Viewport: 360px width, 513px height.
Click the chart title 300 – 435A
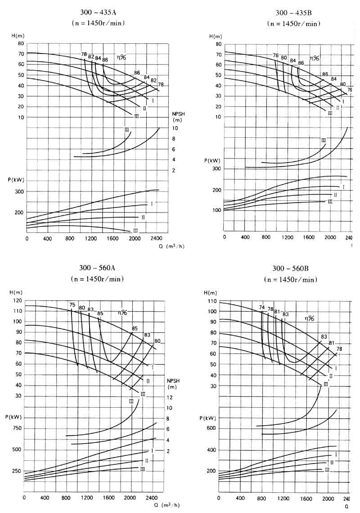pyautogui.click(x=98, y=13)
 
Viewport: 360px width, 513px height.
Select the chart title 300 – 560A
pyautogui.click(x=98, y=268)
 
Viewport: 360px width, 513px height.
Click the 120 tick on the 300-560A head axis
pyautogui.click(x=18, y=300)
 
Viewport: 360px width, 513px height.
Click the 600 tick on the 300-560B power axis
pyautogui.click(x=211, y=428)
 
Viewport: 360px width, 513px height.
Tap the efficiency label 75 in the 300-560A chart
pyautogui.click(x=72, y=305)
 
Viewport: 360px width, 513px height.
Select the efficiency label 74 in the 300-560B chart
pyautogui.click(x=262, y=307)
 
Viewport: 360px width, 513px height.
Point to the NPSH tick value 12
pyautogui.click(x=170, y=397)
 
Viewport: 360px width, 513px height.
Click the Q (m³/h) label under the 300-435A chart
pyautogui.click(x=175, y=246)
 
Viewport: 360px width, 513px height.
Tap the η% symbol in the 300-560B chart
pyautogui.click(x=309, y=318)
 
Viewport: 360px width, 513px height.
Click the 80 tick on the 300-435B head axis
pyautogui.click(x=218, y=44)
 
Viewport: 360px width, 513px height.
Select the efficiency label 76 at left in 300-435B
pyautogui.click(x=275, y=55)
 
